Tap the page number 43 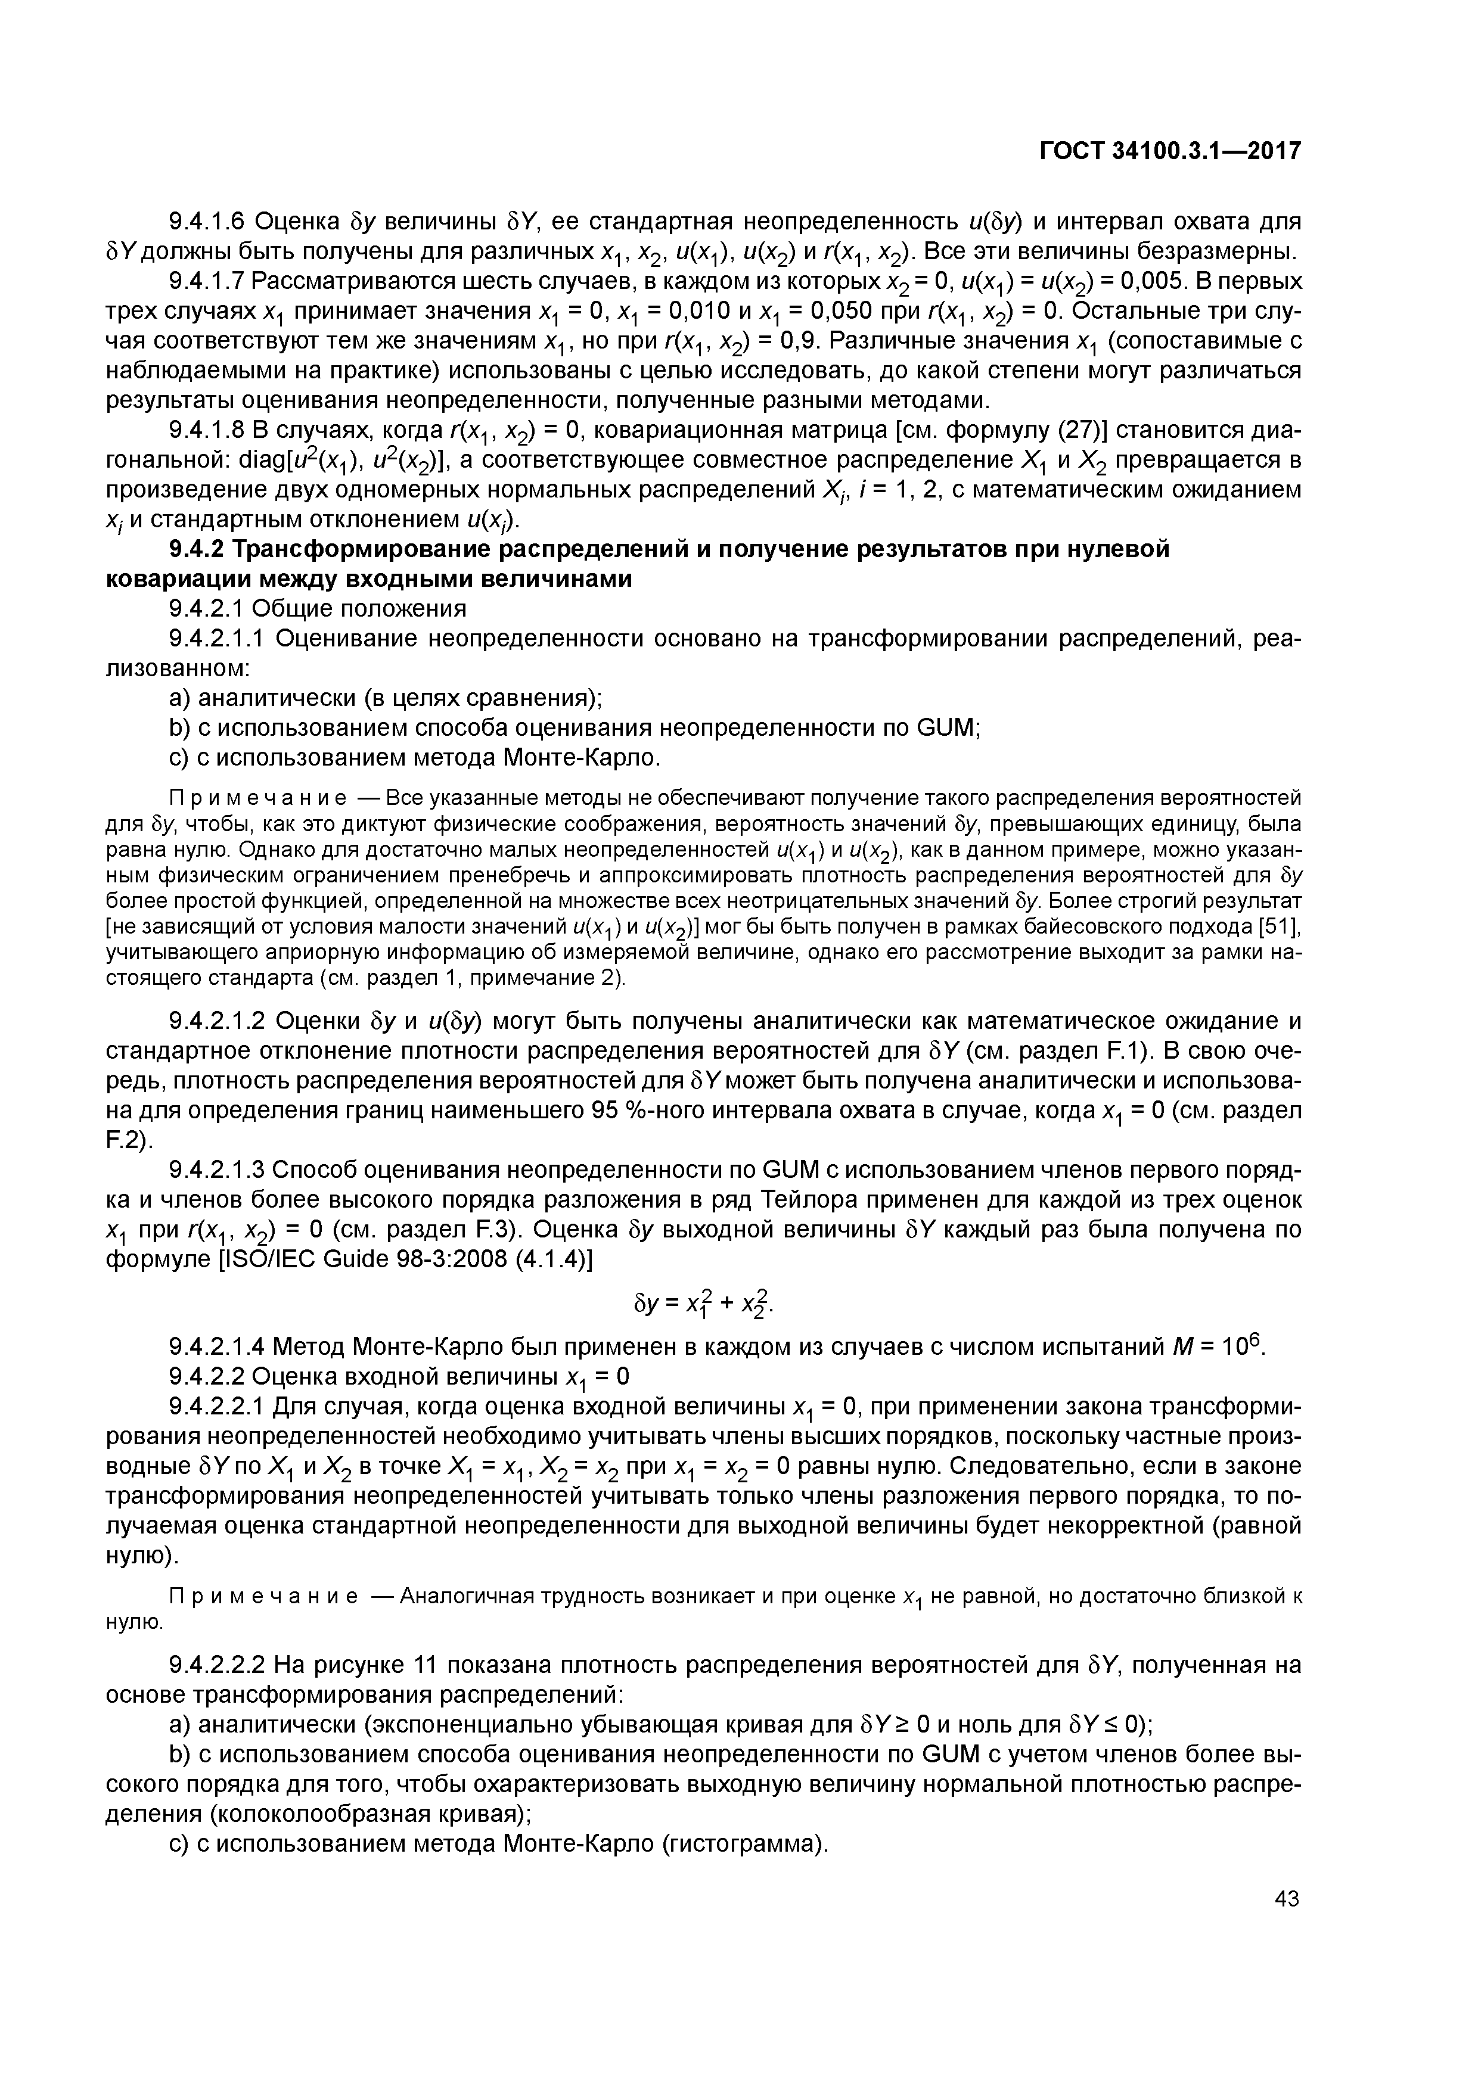[x=1286, y=1898]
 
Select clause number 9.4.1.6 [x=207, y=221]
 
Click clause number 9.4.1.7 [x=207, y=281]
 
